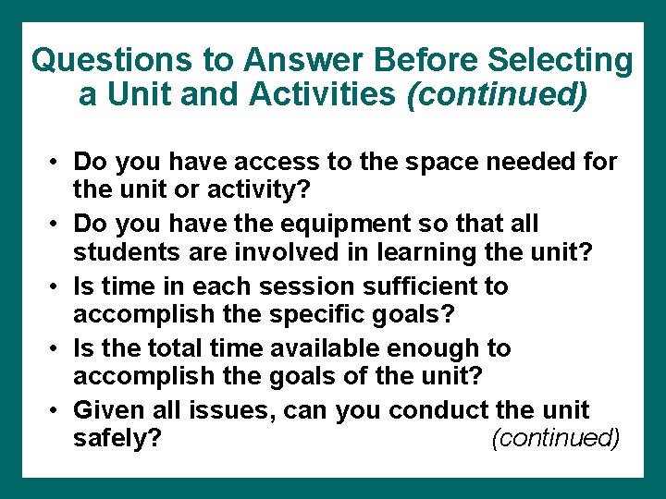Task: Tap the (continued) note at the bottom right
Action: (x=556, y=437)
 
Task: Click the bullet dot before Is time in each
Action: (x=55, y=287)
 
